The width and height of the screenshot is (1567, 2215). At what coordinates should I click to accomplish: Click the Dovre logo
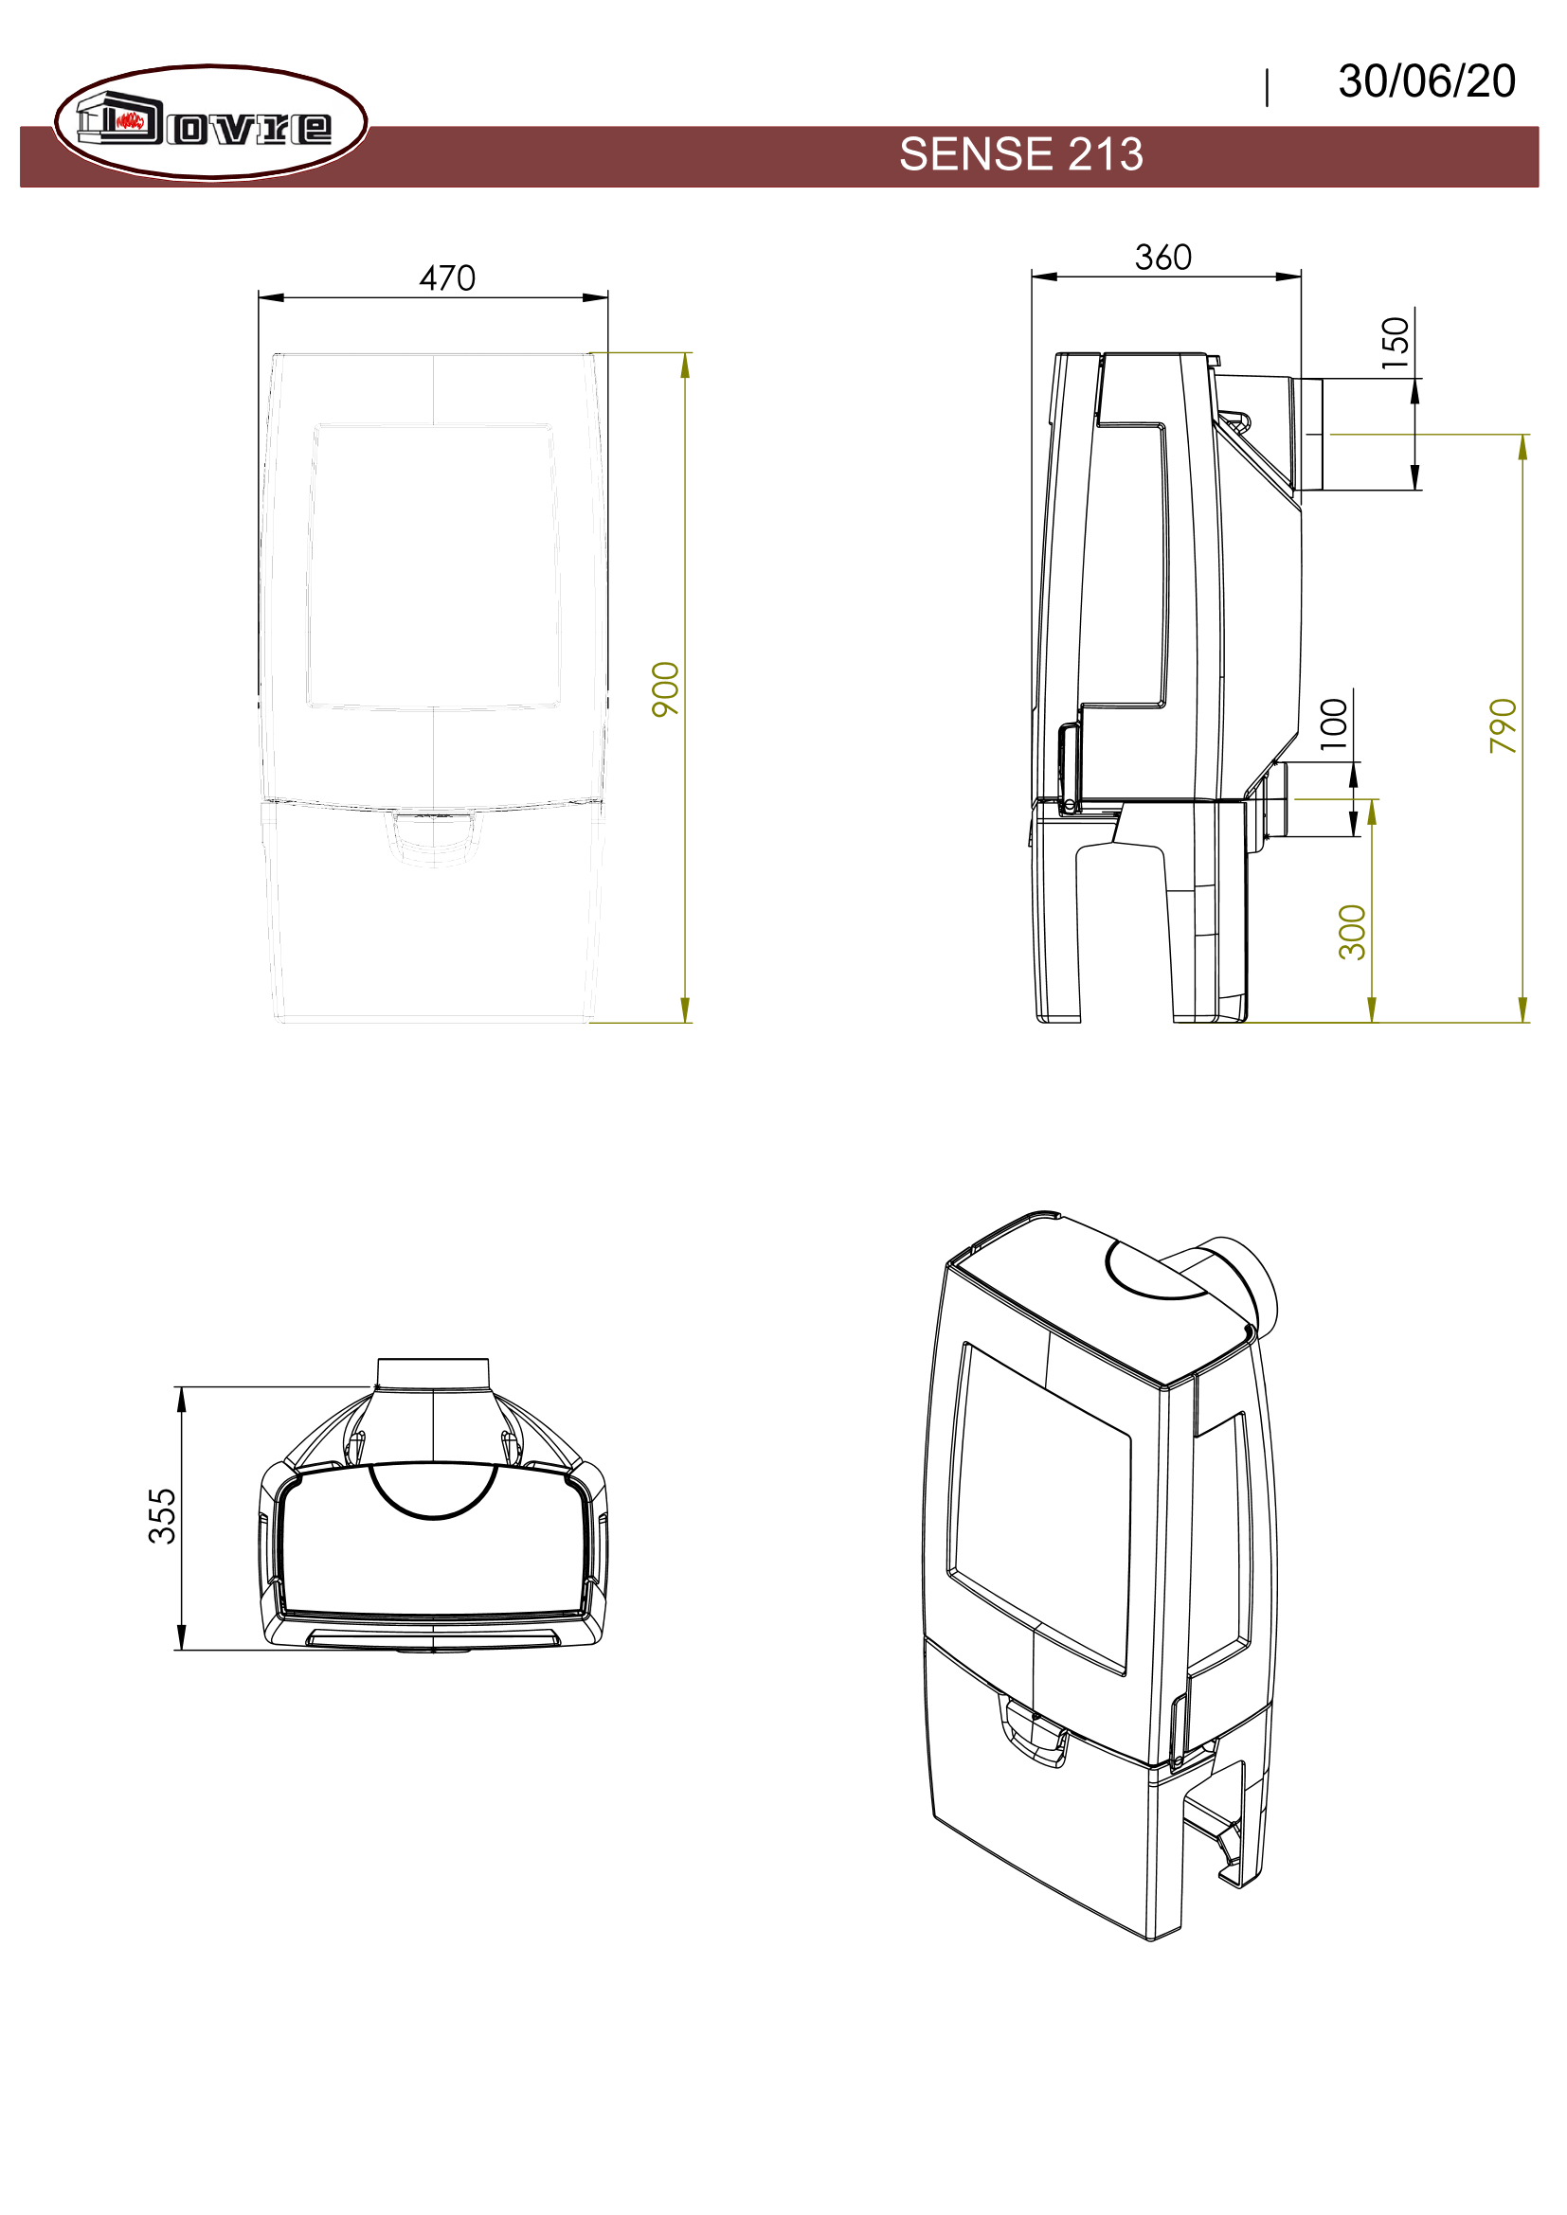(210, 122)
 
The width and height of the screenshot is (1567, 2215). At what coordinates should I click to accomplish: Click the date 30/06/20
(1426, 81)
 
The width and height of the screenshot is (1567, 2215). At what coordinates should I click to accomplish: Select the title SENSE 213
(1021, 154)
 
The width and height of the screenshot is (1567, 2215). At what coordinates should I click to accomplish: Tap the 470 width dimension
(448, 277)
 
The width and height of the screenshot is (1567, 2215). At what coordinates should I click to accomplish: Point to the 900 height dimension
(666, 688)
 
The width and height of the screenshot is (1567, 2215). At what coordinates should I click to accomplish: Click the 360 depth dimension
(1162, 258)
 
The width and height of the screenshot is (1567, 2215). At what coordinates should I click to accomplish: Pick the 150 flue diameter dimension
(1396, 343)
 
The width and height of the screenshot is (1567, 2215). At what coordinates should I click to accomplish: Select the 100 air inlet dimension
(1334, 723)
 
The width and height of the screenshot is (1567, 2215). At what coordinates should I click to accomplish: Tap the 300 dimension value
(1353, 932)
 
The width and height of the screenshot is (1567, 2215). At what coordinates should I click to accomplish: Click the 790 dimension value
(1504, 725)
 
